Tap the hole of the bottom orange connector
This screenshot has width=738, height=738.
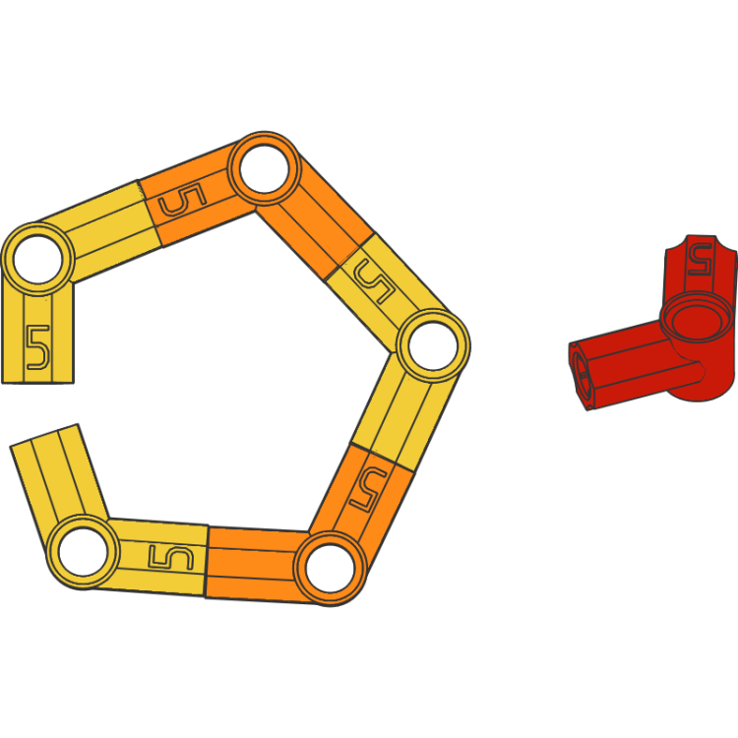pos(332,568)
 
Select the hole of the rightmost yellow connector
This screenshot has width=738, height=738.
pos(433,346)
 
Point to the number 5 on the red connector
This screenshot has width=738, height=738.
pos(700,260)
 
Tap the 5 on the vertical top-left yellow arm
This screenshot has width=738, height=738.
pos(36,345)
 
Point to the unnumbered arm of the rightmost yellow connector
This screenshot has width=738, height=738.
pos(403,412)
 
